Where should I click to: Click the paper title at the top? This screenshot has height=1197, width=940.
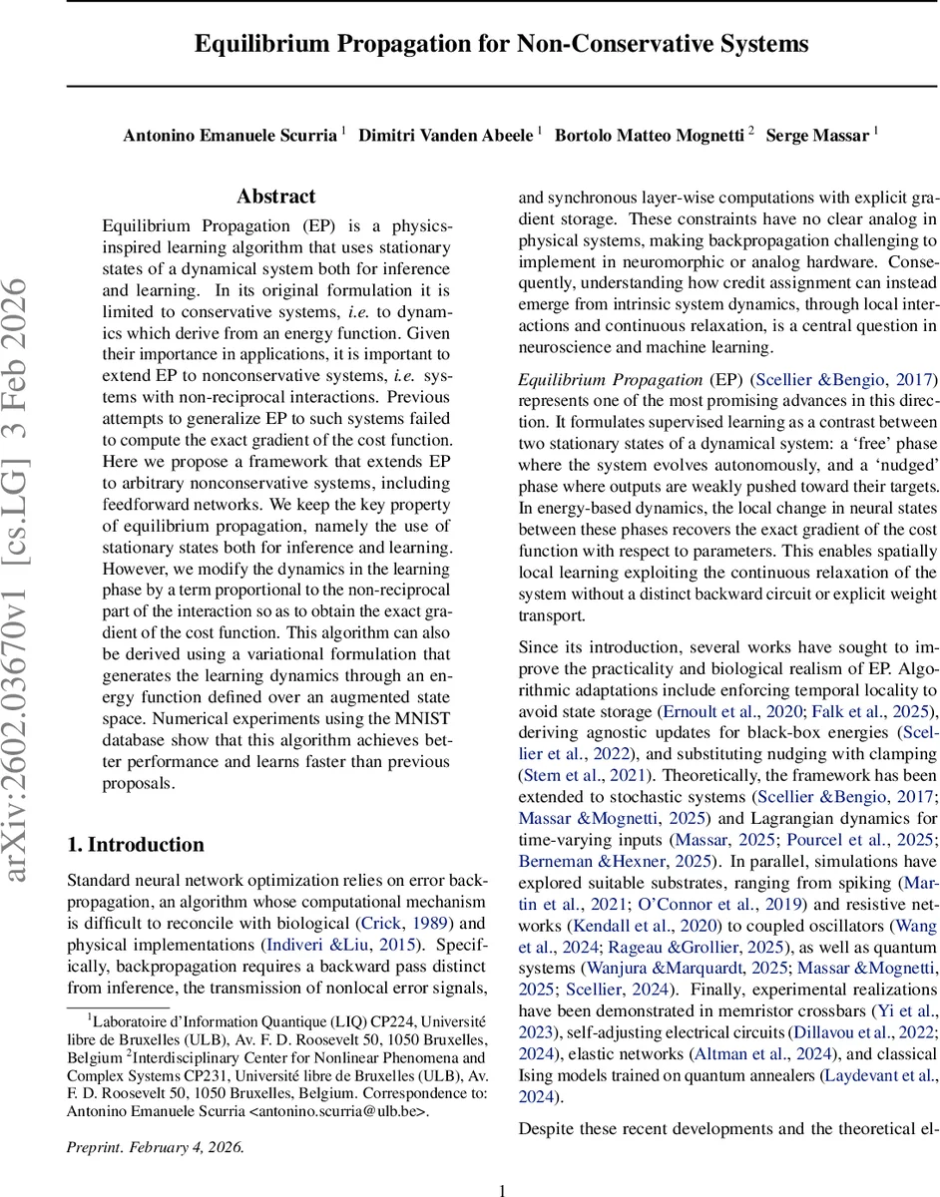coord(501,45)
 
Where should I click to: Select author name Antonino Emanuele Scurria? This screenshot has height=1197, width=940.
coord(230,136)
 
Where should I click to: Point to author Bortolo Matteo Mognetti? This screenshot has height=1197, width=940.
coord(649,136)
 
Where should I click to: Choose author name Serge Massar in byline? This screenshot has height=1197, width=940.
coord(816,136)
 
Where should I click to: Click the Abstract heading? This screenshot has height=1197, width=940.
coord(276,197)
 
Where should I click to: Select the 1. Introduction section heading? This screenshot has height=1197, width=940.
coord(136,845)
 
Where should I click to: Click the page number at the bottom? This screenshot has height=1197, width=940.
coord(502,1190)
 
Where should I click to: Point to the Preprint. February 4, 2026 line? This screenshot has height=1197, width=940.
coord(155,1146)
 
